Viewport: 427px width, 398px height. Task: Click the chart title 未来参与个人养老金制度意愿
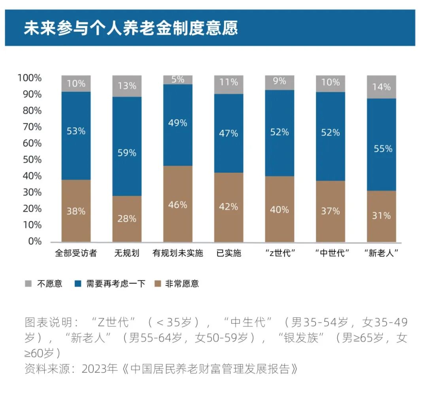click(x=130, y=28)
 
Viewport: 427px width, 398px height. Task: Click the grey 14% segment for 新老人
click(x=381, y=87)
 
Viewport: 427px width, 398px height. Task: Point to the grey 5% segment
click(x=178, y=79)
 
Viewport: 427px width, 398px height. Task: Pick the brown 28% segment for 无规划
click(x=127, y=219)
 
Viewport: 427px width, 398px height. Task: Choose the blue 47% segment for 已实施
click(x=229, y=133)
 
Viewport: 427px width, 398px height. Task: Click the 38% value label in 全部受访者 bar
click(x=76, y=211)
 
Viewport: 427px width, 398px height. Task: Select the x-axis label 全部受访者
click(x=76, y=253)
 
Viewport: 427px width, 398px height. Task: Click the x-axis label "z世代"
click(x=280, y=253)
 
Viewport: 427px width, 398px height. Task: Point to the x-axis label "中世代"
click(x=331, y=253)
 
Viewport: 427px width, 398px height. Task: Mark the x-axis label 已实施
click(x=229, y=253)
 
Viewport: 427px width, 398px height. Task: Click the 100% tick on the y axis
click(x=30, y=78)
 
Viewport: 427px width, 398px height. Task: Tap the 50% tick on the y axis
click(x=31, y=159)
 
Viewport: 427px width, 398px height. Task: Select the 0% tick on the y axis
click(x=34, y=241)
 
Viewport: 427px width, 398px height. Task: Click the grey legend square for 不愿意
click(x=28, y=284)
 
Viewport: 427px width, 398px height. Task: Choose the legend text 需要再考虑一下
click(x=116, y=284)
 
